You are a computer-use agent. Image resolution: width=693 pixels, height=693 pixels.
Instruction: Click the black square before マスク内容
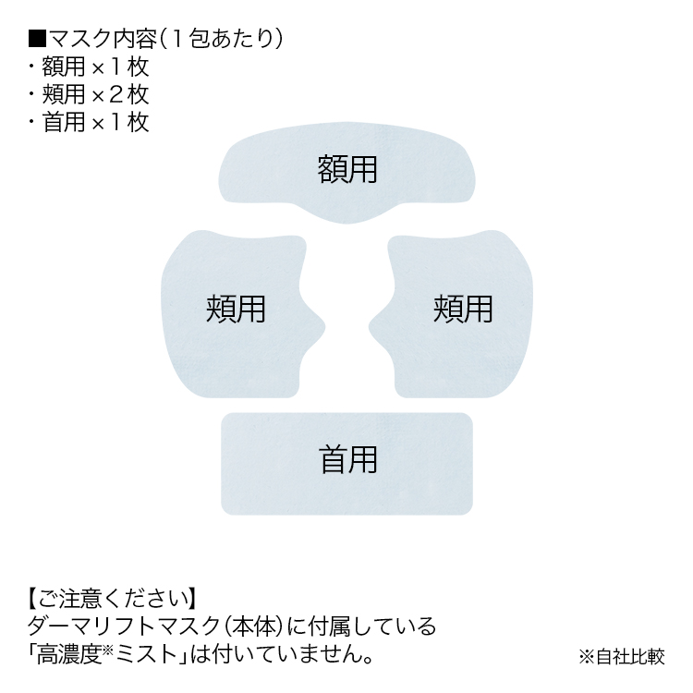pyautogui.click(x=37, y=39)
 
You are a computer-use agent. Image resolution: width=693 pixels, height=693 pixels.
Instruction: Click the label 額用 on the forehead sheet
pyautogui.click(x=347, y=169)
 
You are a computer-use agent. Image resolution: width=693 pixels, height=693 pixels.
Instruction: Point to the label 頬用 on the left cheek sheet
pyautogui.click(x=235, y=309)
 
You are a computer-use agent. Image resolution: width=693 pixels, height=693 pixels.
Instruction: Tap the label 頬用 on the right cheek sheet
pyautogui.click(x=462, y=309)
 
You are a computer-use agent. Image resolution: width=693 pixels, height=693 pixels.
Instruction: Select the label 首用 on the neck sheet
pyautogui.click(x=347, y=459)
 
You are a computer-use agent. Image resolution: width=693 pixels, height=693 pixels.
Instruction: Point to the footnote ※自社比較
pyautogui.click(x=621, y=658)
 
